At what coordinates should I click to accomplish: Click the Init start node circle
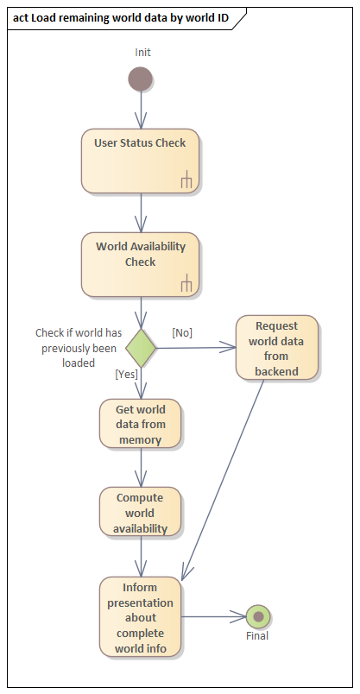(x=141, y=79)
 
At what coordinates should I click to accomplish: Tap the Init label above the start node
(x=142, y=53)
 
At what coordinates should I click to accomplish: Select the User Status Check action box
(x=141, y=161)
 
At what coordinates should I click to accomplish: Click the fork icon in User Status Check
(x=186, y=180)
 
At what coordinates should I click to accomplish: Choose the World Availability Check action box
(x=141, y=263)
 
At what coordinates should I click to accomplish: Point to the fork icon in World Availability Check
(x=186, y=283)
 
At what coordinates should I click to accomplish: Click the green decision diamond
(x=141, y=348)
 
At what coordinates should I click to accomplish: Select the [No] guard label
(x=182, y=332)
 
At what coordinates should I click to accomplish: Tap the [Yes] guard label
(x=127, y=375)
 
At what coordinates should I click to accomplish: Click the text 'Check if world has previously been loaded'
(x=78, y=348)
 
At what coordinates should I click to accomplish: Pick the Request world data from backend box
(x=276, y=348)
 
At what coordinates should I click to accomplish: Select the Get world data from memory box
(x=141, y=424)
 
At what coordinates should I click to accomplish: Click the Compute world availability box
(x=141, y=513)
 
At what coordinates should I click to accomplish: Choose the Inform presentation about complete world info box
(x=141, y=617)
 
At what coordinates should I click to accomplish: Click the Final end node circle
(x=258, y=617)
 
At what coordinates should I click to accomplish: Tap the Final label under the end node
(x=257, y=636)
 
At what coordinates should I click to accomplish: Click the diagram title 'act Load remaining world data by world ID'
(x=121, y=17)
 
